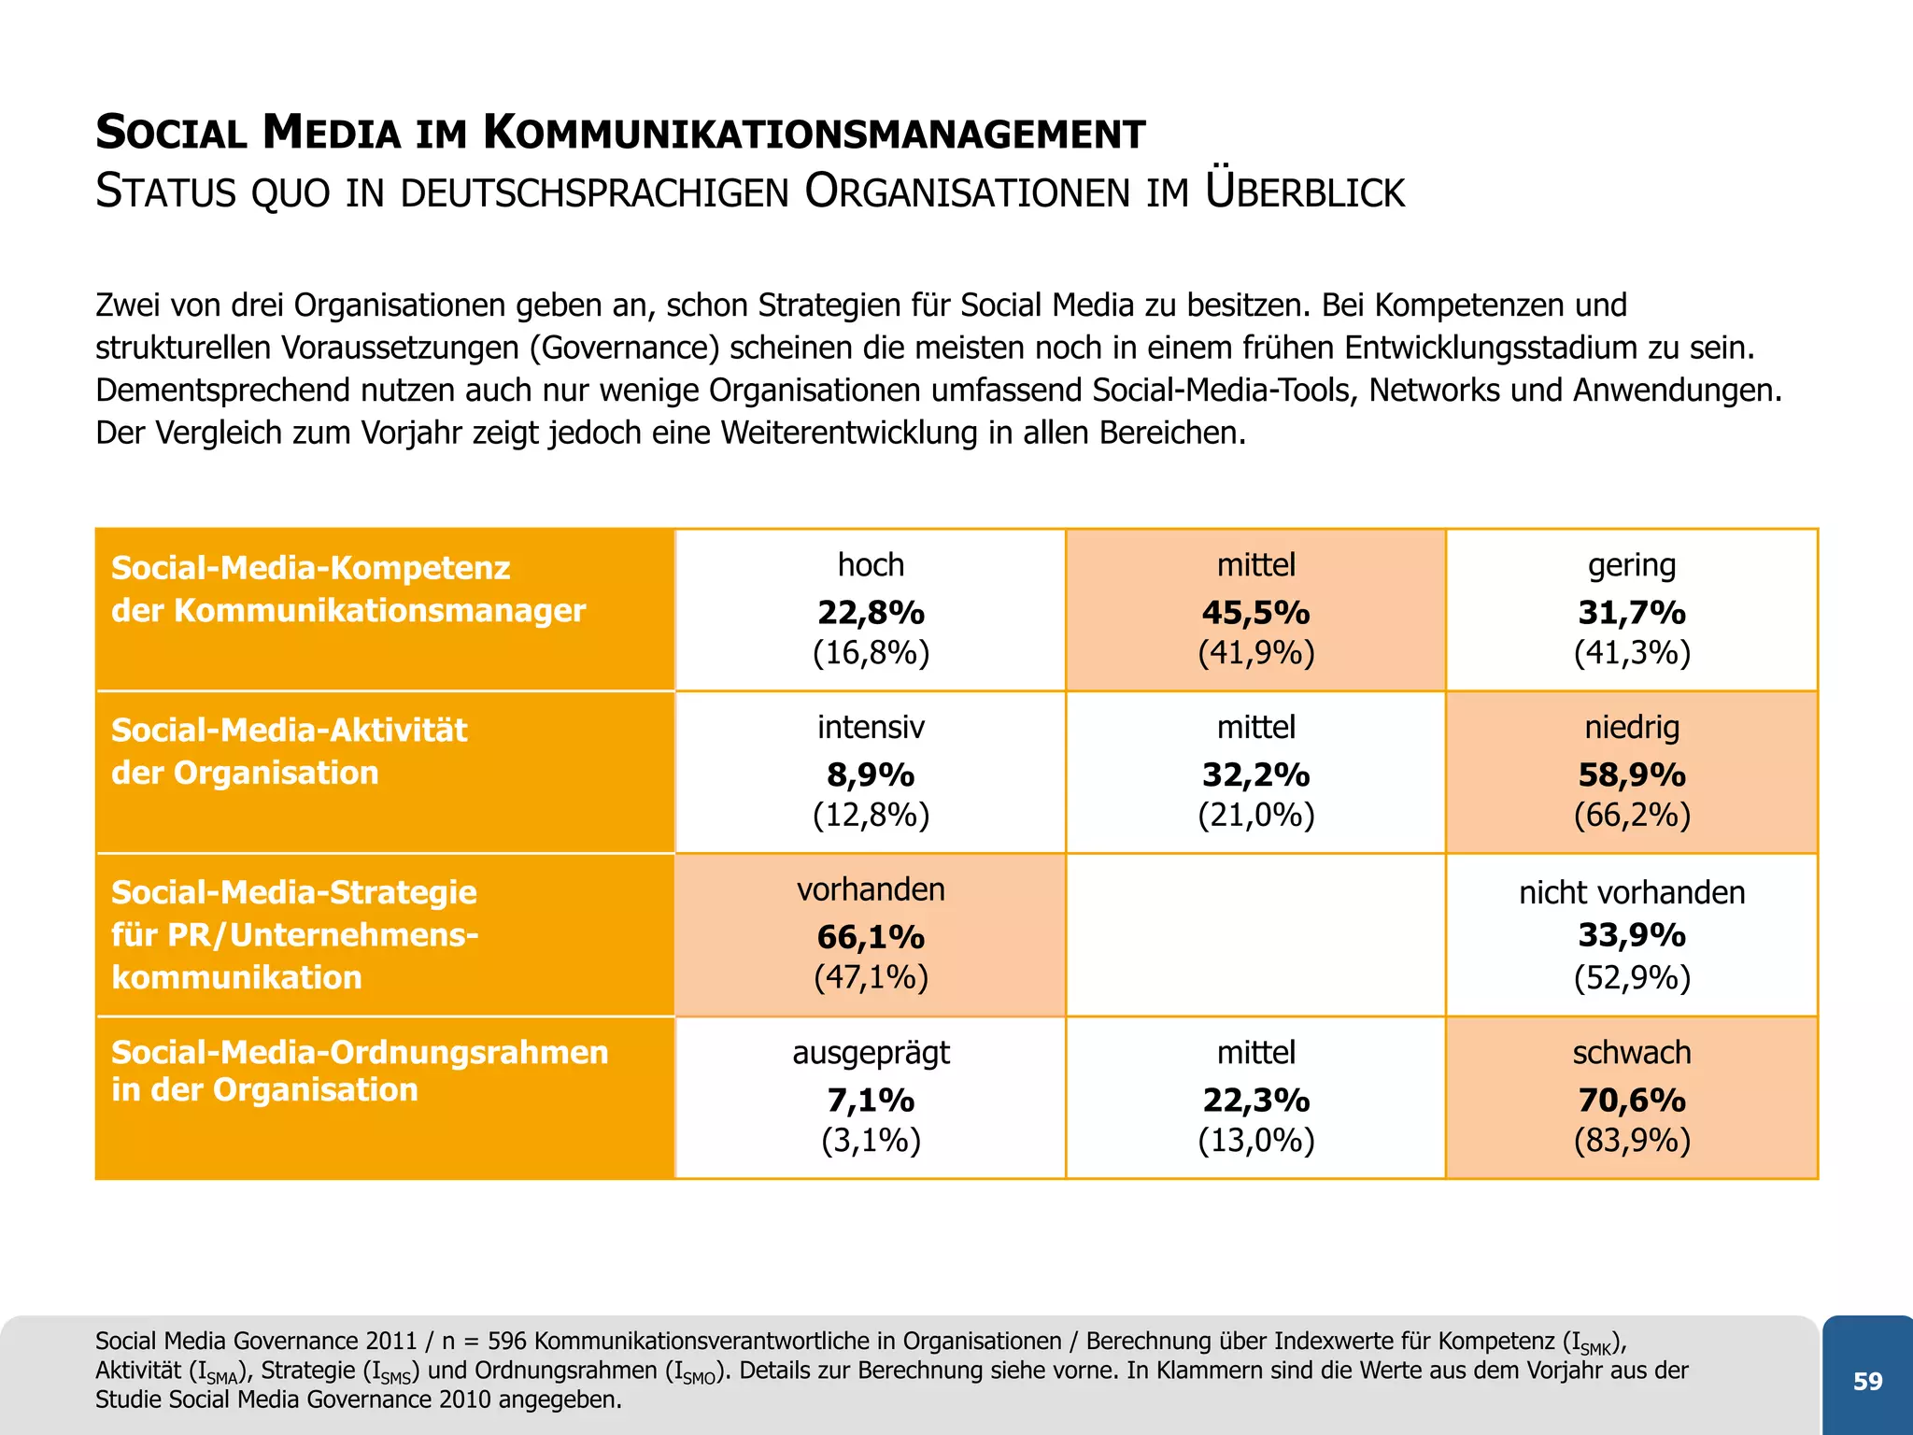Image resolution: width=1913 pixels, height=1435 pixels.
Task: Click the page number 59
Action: pyautogui.click(x=1867, y=1381)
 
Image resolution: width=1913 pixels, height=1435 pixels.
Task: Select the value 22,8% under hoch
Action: pyautogui.click(x=871, y=612)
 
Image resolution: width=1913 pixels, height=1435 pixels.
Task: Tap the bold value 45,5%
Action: pyautogui.click(x=1255, y=612)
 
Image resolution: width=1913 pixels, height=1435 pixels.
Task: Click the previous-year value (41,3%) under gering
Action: pyautogui.click(x=1631, y=652)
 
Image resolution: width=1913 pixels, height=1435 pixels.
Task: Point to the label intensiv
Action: pyautogui.click(x=871, y=727)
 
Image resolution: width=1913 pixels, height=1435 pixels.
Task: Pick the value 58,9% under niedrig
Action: pyautogui.click(x=1631, y=774)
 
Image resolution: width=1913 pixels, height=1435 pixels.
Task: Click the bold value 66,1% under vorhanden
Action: pyautogui.click(x=871, y=936)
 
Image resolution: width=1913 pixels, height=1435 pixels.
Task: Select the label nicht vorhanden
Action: pyautogui.click(x=1631, y=892)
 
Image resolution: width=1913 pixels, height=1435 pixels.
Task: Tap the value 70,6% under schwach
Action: pyautogui.click(x=1631, y=1100)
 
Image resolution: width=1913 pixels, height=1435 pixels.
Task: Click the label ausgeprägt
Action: pyautogui.click(x=871, y=1053)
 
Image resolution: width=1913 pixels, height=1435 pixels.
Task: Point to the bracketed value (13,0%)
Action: pyautogui.click(x=1255, y=1140)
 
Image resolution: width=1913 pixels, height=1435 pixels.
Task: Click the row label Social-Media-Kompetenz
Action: pyautogui.click(x=310, y=568)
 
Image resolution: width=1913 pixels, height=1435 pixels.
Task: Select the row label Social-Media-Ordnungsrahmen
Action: pyautogui.click(x=360, y=1052)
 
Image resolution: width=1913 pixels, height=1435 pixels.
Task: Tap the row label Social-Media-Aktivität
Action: pyautogui.click(x=289, y=730)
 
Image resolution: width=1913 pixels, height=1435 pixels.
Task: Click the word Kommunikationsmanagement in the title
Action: pyautogui.click(x=814, y=134)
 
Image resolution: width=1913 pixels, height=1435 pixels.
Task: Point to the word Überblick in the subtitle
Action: pyautogui.click(x=1304, y=192)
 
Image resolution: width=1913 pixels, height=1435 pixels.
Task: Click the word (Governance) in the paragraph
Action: pyautogui.click(x=624, y=348)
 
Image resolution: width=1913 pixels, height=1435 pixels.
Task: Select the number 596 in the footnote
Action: pyautogui.click(x=506, y=1342)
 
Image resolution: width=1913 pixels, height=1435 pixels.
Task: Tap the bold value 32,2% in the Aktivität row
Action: pyautogui.click(x=1255, y=774)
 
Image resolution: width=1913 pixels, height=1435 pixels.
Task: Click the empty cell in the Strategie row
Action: pyautogui.click(x=1255, y=934)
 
